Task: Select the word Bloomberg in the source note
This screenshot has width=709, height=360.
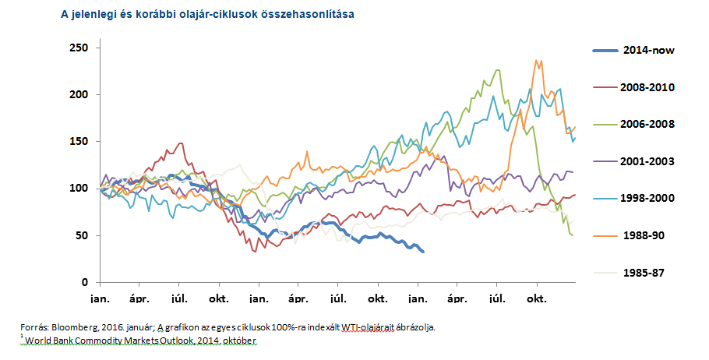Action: coord(76,327)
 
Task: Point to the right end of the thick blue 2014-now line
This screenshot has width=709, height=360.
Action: coord(423,252)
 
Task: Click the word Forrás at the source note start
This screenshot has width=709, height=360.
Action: coord(36,327)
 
